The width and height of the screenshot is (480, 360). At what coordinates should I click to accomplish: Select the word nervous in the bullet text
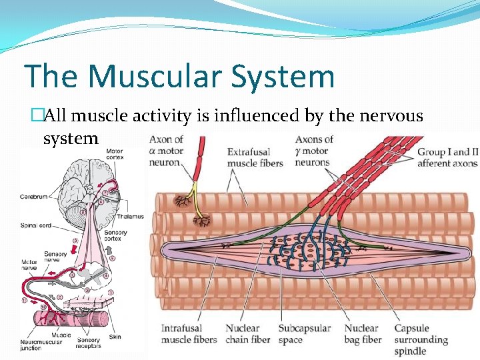pyautogui.click(x=391, y=116)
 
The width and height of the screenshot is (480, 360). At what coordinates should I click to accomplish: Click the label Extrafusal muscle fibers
pyautogui.click(x=255, y=157)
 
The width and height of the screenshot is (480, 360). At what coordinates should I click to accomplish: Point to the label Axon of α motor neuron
pyautogui.click(x=166, y=151)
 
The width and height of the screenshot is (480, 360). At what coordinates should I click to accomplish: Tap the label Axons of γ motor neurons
pyautogui.click(x=313, y=151)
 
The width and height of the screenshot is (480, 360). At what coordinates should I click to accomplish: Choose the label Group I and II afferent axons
pyautogui.click(x=447, y=157)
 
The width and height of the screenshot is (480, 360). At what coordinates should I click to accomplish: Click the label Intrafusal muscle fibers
pyautogui.click(x=189, y=334)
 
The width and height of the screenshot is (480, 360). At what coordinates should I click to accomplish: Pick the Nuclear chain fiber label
pyautogui.click(x=247, y=334)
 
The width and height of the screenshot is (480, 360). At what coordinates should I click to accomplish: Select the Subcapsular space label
pyautogui.click(x=305, y=334)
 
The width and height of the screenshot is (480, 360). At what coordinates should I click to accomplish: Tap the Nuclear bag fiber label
pyautogui.click(x=363, y=334)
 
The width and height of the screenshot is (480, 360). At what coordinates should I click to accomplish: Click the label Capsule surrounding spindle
pyautogui.click(x=420, y=340)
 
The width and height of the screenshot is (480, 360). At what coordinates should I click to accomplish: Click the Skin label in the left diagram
pyautogui.click(x=115, y=337)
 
